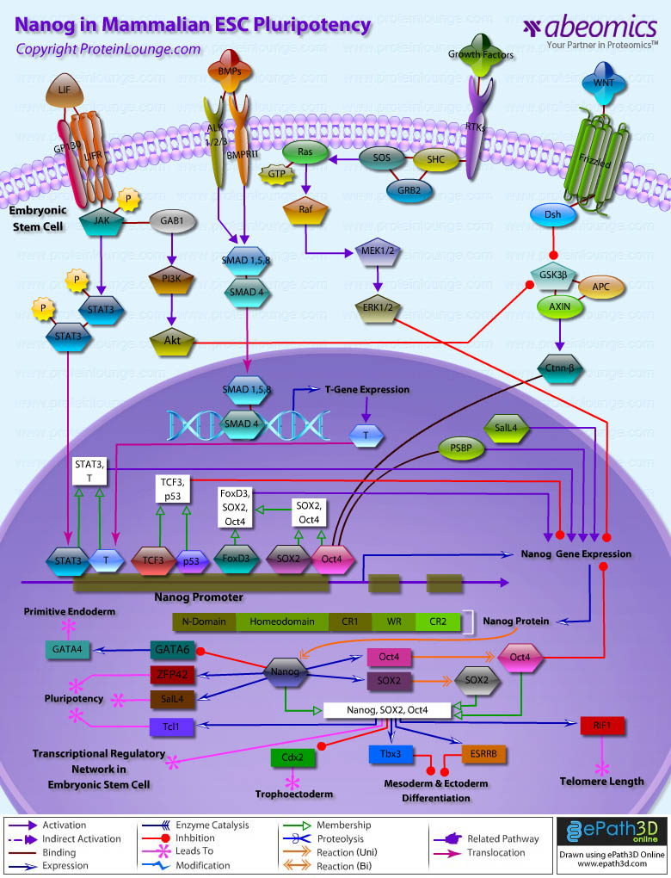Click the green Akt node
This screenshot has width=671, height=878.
pyautogui.click(x=171, y=342)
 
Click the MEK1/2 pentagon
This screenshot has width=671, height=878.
pyautogui.click(x=378, y=251)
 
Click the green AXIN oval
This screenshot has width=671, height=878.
pyautogui.click(x=556, y=305)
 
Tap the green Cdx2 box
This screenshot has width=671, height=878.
pyautogui.click(x=292, y=757)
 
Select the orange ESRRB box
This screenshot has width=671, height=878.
pyautogui.click(x=483, y=753)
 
